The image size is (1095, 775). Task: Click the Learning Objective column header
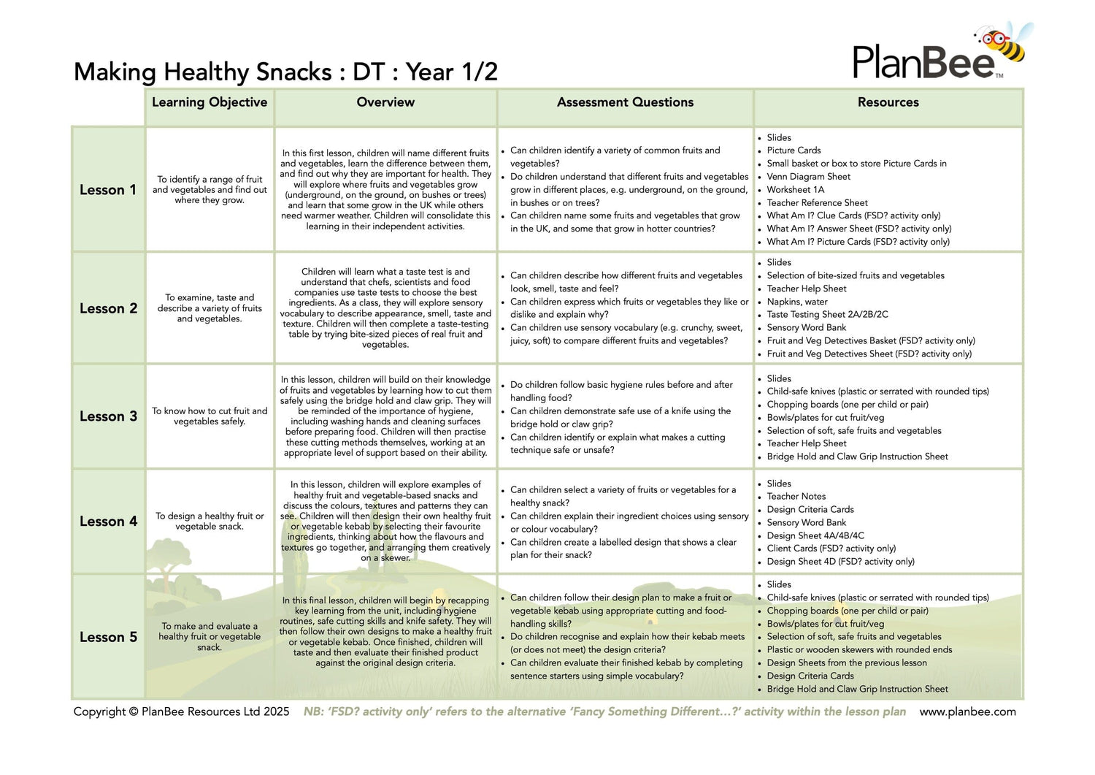[x=210, y=102]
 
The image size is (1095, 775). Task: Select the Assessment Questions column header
[x=625, y=102]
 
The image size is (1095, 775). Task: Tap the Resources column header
[x=888, y=102]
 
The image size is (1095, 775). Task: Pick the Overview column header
[x=385, y=102]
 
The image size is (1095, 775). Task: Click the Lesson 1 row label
[x=108, y=190]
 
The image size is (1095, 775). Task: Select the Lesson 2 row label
[x=108, y=308]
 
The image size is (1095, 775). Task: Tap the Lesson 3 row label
[x=108, y=416]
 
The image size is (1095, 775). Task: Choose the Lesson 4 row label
[x=108, y=522]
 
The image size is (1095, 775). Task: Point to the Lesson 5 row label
[x=108, y=637]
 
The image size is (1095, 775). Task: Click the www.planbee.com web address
[x=967, y=711]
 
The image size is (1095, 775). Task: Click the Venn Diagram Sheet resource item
[x=808, y=177]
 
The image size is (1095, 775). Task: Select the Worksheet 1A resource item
[x=795, y=190]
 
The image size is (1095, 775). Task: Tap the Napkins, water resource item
[x=796, y=302]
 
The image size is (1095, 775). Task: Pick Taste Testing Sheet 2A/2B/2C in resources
[x=827, y=315]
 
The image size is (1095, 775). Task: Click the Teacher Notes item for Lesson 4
[x=796, y=497]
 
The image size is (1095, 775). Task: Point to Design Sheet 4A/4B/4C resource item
[x=815, y=535]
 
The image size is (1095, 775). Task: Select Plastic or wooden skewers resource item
[x=859, y=650]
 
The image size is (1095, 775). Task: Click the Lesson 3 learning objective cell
[x=210, y=416]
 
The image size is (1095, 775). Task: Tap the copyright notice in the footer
[x=181, y=711]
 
